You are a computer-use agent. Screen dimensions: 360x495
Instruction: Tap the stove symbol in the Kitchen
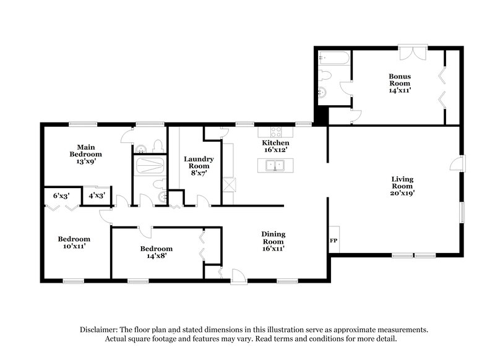pyautogui.click(x=274, y=131)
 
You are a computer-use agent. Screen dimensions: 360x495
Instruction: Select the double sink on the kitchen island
pyautogui.click(x=272, y=165)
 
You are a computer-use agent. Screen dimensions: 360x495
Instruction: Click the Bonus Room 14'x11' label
pyautogui.click(x=400, y=83)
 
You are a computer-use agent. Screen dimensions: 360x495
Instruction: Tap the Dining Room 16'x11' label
pyautogui.click(x=272, y=238)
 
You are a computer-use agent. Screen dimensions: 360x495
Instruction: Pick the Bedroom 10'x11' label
pyautogui.click(x=74, y=242)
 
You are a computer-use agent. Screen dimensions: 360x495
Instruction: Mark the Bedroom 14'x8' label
pyautogui.click(x=155, y=252)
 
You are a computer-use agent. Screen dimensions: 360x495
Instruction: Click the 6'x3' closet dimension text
pyautogui.click(x=61, y=195)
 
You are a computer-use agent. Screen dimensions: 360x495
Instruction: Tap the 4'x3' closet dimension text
pyautogui.click(x=97, y=195)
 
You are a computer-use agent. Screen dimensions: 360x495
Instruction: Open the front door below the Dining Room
pyautogui.click(x=238, y=276)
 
